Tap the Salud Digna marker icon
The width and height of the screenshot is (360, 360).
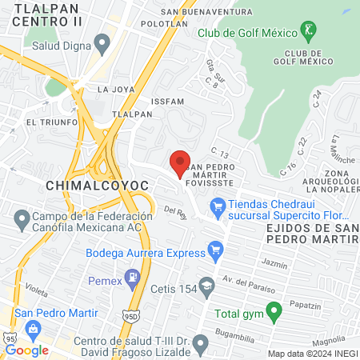pyautogui.click(x=101, y=42)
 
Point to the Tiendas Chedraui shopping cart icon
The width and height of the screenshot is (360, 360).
pyautogui.click(x=218, y=209)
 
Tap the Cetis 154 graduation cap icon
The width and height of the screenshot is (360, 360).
pyautogui.click(x=206, y=286)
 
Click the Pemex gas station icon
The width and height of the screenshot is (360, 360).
pyautogui.click(x=135, y=281)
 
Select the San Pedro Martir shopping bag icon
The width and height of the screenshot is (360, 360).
pyautogui.click(x=34, y=328)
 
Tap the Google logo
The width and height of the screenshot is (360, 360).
pyautogui.click(x=27, y=350)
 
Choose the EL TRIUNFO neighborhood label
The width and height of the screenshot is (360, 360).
pyautogui.click(x=52, y=122)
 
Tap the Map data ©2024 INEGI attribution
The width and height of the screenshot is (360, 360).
pyautogui.click(x=311, y=354)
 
